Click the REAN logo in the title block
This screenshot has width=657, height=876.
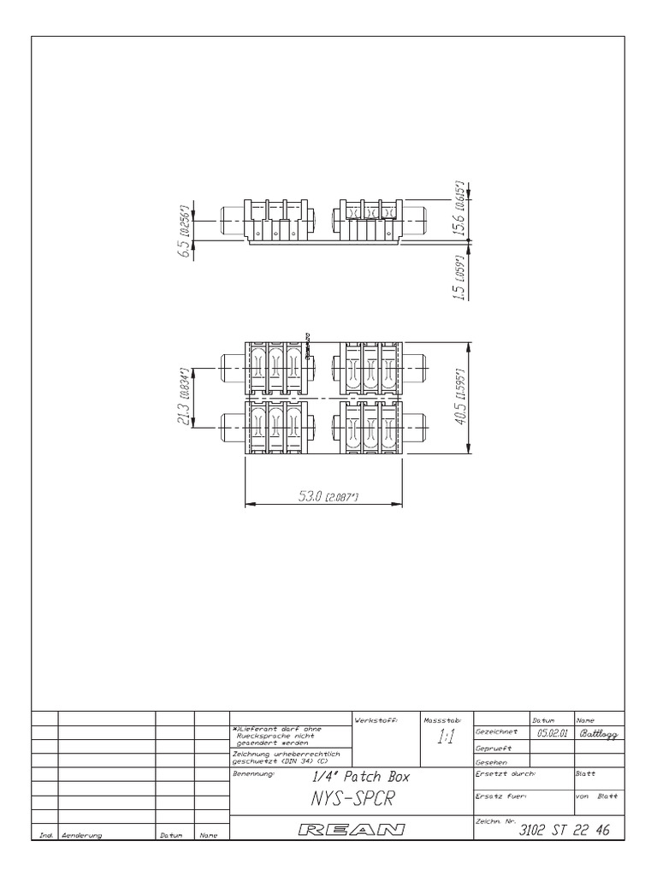(x=352, y=829)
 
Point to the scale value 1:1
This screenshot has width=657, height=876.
(x=445, y=738)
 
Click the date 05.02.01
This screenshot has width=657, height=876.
(x=553, y=733)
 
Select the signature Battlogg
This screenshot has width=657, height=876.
(x=603, y=733)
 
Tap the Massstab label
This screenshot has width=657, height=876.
(x=442, y=719)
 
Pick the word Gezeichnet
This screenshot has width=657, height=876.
(x=496, y=732)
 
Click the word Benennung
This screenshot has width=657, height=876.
(x=252, y=773)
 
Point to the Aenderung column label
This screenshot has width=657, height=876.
(x=81, y=835)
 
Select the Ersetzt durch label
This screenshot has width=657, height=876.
(x=505, y=773)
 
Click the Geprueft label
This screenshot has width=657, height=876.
(x=493, y=748)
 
